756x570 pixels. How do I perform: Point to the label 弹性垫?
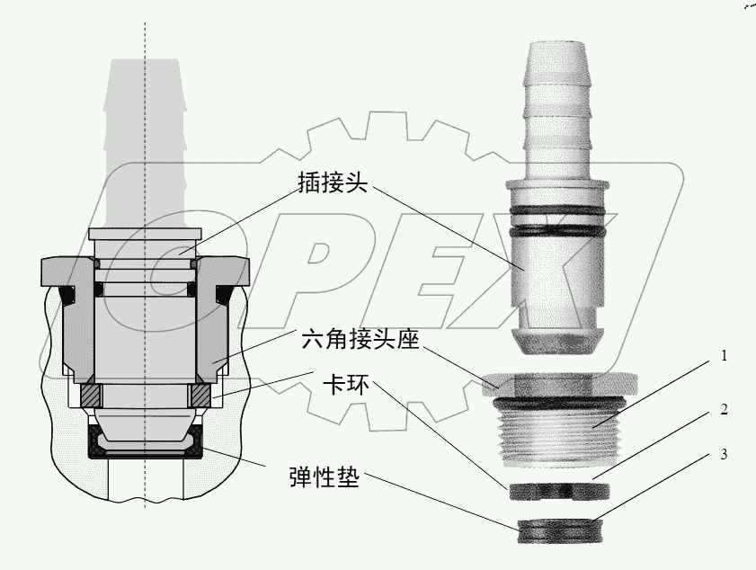(324, 476)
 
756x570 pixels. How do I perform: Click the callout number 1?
(723, 357)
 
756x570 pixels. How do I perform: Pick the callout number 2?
(723, 409)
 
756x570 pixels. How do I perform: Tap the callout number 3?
(723, 454)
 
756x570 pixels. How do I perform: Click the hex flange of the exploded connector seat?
(557, 380)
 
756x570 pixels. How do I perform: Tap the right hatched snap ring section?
(200, 394)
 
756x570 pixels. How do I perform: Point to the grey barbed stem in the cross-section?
(144, 135)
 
